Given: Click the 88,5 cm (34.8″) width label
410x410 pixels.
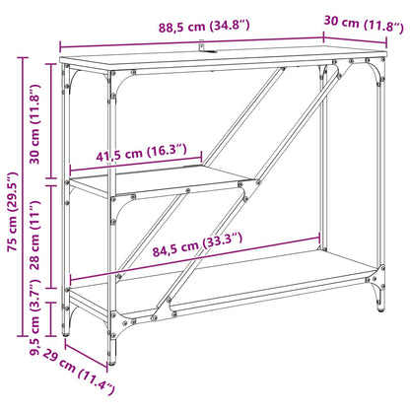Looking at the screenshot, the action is click(204, 27).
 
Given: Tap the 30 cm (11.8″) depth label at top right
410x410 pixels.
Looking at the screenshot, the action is click(364, 24).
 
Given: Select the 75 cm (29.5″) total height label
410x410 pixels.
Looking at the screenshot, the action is click(13, 212).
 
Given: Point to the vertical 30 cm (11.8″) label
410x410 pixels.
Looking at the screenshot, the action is click(34, 124).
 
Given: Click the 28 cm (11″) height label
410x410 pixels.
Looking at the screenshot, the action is click(34, 236).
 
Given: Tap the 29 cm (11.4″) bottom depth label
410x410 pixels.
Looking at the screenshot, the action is click(79, 372).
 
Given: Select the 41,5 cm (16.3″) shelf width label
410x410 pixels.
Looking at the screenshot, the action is click(141, 153).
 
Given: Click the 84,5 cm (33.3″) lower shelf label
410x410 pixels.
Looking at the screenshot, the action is click(197, 244).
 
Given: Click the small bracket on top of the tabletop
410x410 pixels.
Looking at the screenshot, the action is click(206, 47).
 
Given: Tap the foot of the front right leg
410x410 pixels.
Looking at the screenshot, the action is click(380, 307).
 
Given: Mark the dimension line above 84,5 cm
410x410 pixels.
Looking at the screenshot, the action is click(195, 258).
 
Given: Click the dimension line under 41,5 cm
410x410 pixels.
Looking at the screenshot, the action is click(136, 164).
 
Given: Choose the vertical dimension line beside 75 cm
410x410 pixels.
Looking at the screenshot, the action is click(23, 197).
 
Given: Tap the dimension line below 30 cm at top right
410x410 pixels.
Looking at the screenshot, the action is click(355, 36).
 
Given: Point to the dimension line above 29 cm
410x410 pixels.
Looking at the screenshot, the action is click(87, 354).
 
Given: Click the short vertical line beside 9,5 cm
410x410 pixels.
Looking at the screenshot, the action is click(50, 319).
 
